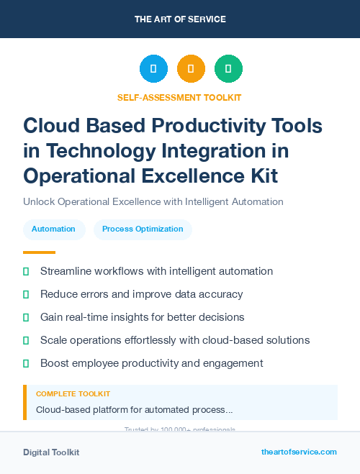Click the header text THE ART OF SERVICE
tap(180, 19)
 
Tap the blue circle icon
tap(153, 69)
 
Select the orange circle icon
tap(191, 69)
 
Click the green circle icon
tap(228, 69)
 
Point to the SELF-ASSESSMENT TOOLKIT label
tap(179, 97)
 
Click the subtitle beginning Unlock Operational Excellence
tap(153, 201)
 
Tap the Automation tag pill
tap(53, 229)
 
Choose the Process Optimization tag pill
tap(143, 229)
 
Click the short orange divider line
tap(39, 252)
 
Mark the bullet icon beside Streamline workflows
tap(27, 271)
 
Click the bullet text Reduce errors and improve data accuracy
tap(141, 294)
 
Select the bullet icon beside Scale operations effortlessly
tap(27, 340)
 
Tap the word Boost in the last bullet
tap(55, 363)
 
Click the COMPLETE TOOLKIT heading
tap(73, 394)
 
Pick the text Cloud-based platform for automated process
tap(134, 410)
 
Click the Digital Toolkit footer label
tap(51, 452)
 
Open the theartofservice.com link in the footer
tap(299, 452)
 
